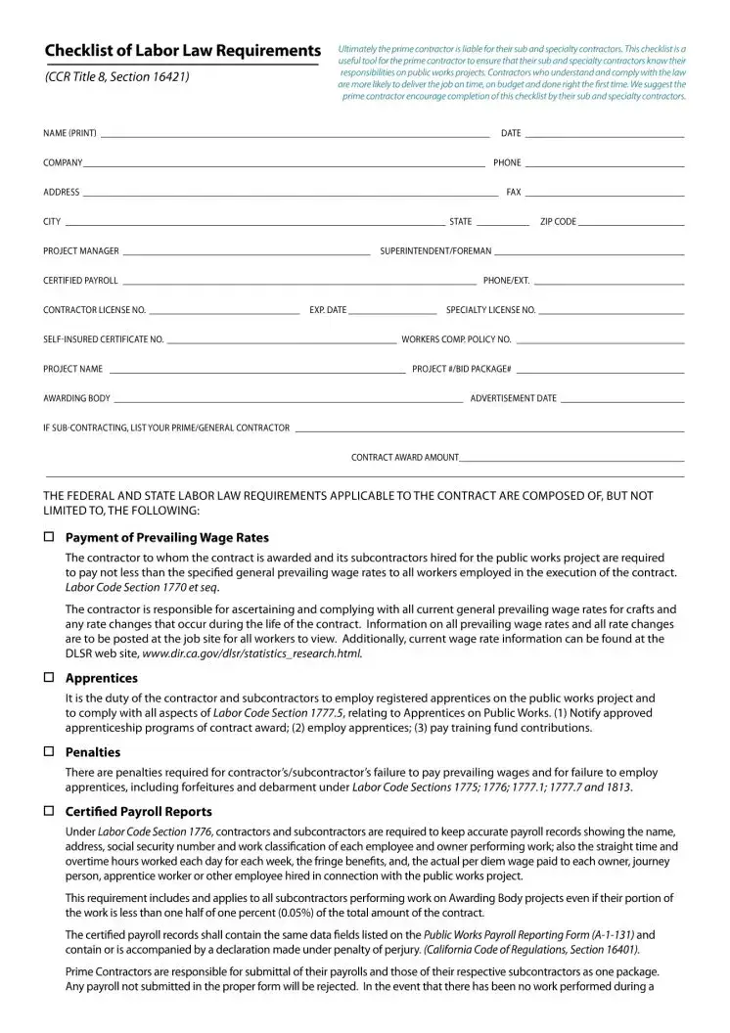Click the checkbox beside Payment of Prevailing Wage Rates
pyautogui.click(x=49, y=537)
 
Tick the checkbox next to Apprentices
pyautogui.click(x=49, y=677)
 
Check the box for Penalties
pyautogui.click(x=49, y=751)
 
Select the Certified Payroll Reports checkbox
pyautogui.click(x=49, y=811)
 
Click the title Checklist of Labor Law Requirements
pyautogui.click(x=183, y=51)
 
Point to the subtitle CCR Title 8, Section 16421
pyautogui.click(x=117, y=77)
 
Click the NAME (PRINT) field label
pyautogui.click(x=69, y=133)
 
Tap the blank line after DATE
pyautogui.click(x=604, y=134)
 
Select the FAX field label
pyautogui.click(x=513, y=193)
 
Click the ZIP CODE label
pyautogui.click(x=558, y=222)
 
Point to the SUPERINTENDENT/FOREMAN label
pyautogui.click(x=435, y=251)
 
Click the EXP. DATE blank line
pyautogui.click(x=392, y=312)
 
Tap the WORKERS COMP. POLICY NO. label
pyautogui.click(x=456, y=339)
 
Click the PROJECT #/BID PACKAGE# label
pyautogui.click(x=461, y=369)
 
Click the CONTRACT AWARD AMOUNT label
pyautogui.click(x=404, y=457)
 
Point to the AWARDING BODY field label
pyautogui.click(x=76, y=398)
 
